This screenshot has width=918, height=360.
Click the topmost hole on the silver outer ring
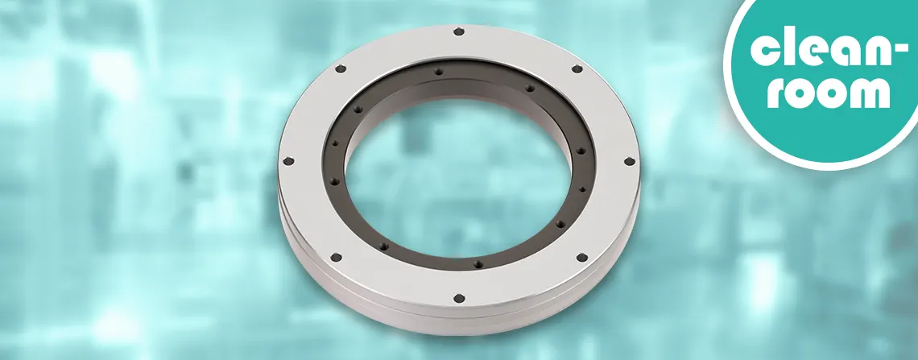(x=458, y=32)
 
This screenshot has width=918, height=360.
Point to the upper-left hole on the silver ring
(x=341, y=68)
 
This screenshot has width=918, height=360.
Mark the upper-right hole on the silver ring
(x=577, y=69)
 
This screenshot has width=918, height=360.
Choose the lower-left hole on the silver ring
(x=336, y=257)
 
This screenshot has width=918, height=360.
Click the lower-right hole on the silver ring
(x=577, y=258)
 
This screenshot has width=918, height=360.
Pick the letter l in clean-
(x=788, y=47)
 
